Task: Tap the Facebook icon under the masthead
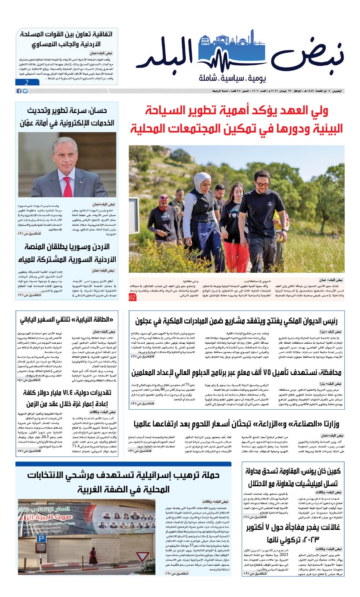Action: tap(19, 91)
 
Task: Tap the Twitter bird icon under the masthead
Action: tap(25, 91)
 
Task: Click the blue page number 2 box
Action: tap(27, 82)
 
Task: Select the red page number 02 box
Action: tap(133, 297)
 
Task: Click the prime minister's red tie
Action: tap(68, 187)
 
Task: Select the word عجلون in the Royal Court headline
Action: tap(144, 321)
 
